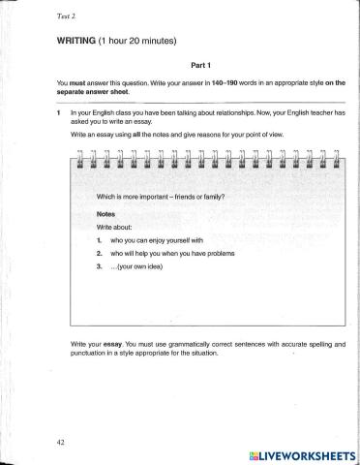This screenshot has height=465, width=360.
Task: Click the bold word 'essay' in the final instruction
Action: tap(105, 344)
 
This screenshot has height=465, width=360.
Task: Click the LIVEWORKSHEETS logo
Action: tap(301, 452)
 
